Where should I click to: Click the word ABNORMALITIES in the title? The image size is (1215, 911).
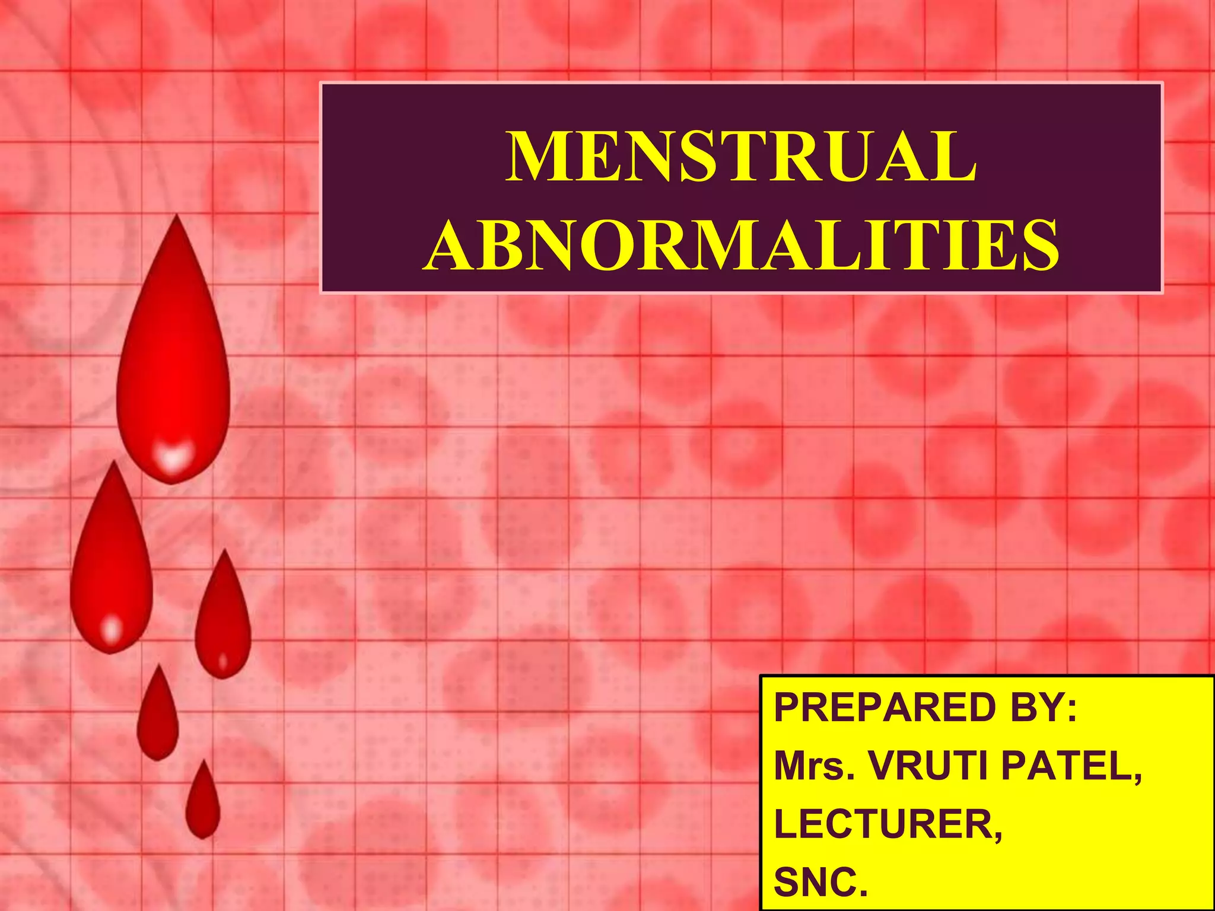(x=741, y=245)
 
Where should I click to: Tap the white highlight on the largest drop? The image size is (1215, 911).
(x=172, y=457)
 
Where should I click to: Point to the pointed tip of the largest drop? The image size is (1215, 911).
(x=176, y=218)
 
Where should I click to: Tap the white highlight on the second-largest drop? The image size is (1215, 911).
(x=112, y=629)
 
